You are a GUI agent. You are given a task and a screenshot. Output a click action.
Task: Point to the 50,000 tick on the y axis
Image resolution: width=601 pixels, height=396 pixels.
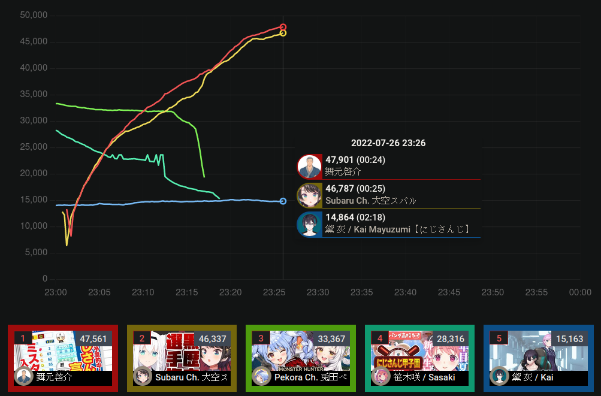tap(34, 15)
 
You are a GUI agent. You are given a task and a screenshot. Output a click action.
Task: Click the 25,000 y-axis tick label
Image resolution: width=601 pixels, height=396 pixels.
tap(34, 147)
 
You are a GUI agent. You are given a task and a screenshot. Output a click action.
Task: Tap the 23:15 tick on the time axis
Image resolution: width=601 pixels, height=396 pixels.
tap(186, 292)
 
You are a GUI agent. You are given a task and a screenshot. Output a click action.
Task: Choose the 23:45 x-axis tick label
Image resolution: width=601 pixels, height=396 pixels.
tap(449, 292)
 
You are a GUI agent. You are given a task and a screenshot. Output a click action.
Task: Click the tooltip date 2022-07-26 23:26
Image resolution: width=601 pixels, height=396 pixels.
tap(388, 143)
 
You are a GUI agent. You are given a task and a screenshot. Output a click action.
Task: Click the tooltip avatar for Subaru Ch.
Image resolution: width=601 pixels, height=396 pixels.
tap(309, 195)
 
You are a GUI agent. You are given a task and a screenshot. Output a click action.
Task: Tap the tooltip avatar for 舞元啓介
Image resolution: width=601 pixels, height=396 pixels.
tap(309, 167)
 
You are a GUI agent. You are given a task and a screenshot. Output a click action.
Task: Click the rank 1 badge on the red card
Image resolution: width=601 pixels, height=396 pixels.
tap(23, 338)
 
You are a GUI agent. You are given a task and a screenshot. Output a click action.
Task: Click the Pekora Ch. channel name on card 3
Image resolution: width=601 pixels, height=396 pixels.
tap(310, 377)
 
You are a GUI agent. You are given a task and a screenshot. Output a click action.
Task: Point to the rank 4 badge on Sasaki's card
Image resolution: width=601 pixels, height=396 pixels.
tap(380, 338)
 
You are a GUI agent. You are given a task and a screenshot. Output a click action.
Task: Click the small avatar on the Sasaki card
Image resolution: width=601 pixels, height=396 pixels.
tap(381, 376)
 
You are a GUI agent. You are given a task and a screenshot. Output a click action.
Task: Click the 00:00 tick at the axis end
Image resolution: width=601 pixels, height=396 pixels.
tap(580, 292)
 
